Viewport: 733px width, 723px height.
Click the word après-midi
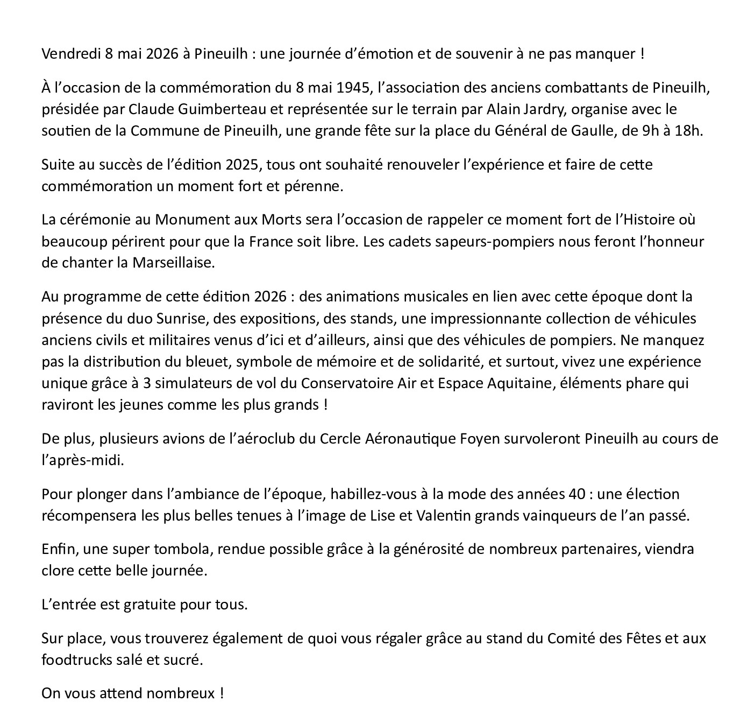(x=82, y=461)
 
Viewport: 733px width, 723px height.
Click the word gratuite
(x=150, y=605)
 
